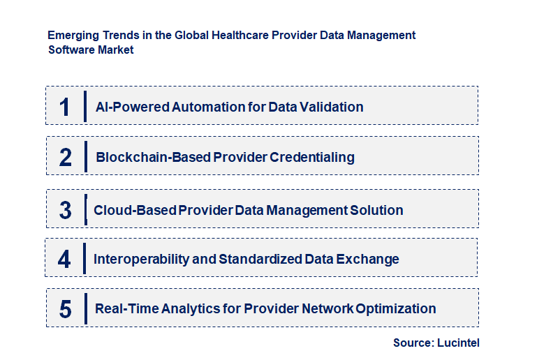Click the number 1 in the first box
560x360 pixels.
point(65,107)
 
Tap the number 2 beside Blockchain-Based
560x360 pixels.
point(66,158)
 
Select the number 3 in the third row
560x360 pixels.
point(66,210)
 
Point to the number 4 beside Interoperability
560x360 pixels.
point(64,259)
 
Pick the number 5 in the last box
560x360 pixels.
point(66,309)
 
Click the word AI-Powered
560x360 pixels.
point(133,107)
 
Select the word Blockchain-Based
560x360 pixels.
point(153,158)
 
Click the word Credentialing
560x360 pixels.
point(312,158)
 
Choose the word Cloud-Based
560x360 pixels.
point(135,210)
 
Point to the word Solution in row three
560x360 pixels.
point(376,210)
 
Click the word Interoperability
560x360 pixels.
point(141,260)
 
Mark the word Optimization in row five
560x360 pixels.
point(396,309)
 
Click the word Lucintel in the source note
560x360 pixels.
point(458,343)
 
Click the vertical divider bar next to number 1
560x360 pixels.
point(85,106)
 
